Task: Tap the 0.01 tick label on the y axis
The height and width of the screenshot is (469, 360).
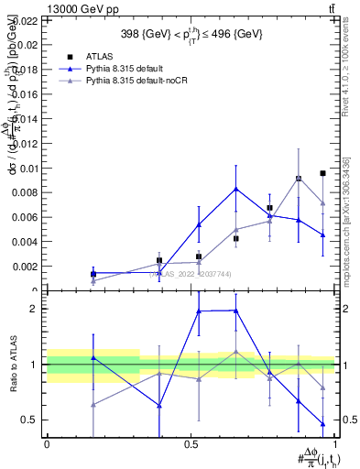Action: coord(28,168)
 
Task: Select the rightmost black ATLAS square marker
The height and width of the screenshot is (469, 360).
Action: coord(323,173)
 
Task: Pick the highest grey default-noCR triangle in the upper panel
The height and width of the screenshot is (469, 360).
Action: coord(299,179)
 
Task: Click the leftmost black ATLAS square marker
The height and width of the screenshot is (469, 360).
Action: coord(93,273)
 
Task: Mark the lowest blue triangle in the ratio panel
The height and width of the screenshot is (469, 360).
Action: coord(323,423)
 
